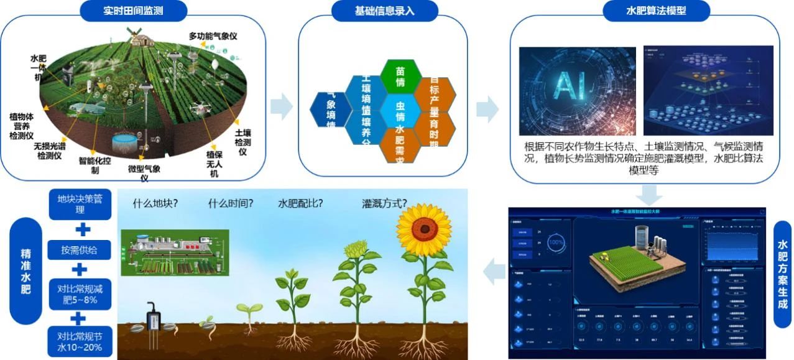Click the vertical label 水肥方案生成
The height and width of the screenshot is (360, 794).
(782, 274)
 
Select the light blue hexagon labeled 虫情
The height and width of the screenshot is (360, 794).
(400, 111)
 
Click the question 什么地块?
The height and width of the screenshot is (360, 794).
(155, 203)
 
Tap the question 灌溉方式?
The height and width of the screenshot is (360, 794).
(384, 203)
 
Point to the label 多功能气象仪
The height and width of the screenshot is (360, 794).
(213, 37)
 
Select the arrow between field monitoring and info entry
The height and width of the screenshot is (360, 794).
(281, 107)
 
